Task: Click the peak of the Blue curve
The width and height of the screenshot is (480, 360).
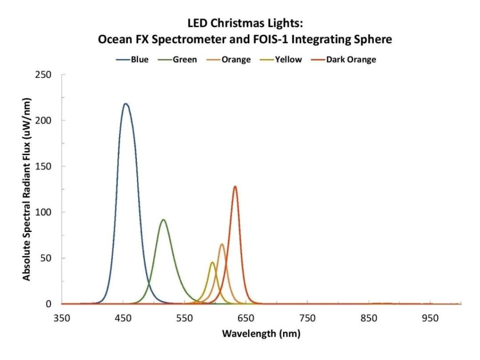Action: [125, 104]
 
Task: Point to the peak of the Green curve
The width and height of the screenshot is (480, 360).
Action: [163, 219]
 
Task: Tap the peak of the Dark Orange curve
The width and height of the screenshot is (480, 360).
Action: [235, 187]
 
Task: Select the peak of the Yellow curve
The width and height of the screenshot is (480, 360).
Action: [212, 262]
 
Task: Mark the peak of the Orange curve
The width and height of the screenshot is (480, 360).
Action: [222, 244]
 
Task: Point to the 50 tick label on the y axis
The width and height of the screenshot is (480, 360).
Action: [49, 258]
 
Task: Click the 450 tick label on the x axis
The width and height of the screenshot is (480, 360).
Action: [123, 318]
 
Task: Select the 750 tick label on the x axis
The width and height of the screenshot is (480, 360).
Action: [307, 318]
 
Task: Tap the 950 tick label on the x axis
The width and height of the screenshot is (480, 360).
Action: [430, 318]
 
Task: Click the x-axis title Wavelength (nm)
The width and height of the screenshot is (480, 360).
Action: [261, 334]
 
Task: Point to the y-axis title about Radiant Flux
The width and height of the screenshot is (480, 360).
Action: [27, 189]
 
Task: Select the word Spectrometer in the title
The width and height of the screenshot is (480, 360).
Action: [193, 40]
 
